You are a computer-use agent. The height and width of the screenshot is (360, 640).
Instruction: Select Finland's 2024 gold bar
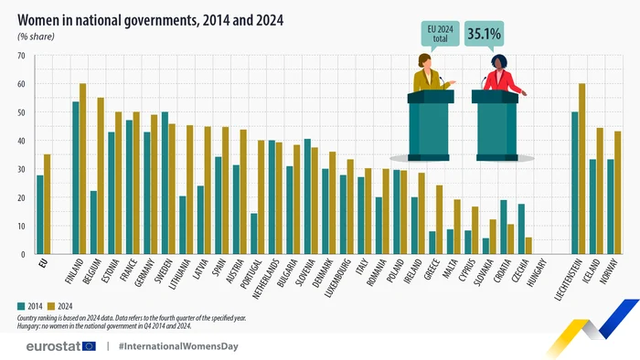82,169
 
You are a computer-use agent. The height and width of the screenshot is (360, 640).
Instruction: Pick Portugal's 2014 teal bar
253,234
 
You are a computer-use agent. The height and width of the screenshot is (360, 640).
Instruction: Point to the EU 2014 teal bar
39,215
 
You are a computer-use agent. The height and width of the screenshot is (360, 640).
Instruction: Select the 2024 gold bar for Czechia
529,246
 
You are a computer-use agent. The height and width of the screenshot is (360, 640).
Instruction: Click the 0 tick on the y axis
21,254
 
